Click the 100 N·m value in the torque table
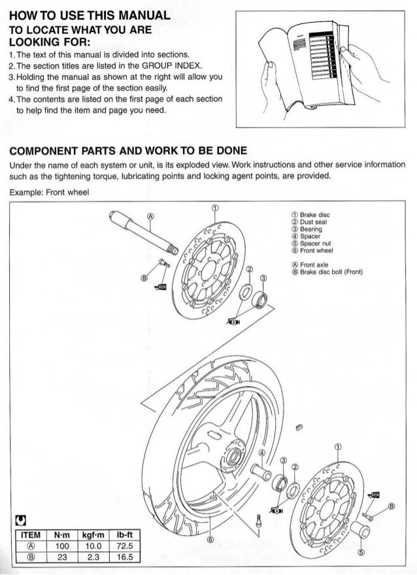(x=62, y=546)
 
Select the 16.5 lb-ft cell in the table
(x=125, y=557)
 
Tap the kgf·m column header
(x=93, y=535)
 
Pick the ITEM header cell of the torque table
(x=31, y=535)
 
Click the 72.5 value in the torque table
(x=125, y=546)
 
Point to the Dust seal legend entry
(x=309, y=222)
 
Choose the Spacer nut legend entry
(x=311, y=244)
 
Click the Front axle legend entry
(x=310, y=265)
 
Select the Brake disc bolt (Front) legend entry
(x=327, y=272)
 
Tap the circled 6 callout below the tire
(x=210, y=539)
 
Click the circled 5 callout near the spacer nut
(x=361, y=552)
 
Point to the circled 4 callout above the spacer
(x=262, y=453)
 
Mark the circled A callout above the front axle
(x=150, y=216)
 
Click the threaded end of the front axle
(x=173, y=250)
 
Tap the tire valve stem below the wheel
(x=259, y=521)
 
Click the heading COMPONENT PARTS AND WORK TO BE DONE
(x=128, y=151)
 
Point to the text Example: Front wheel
(x=49, y=192)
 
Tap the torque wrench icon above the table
(x=21, y=520)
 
